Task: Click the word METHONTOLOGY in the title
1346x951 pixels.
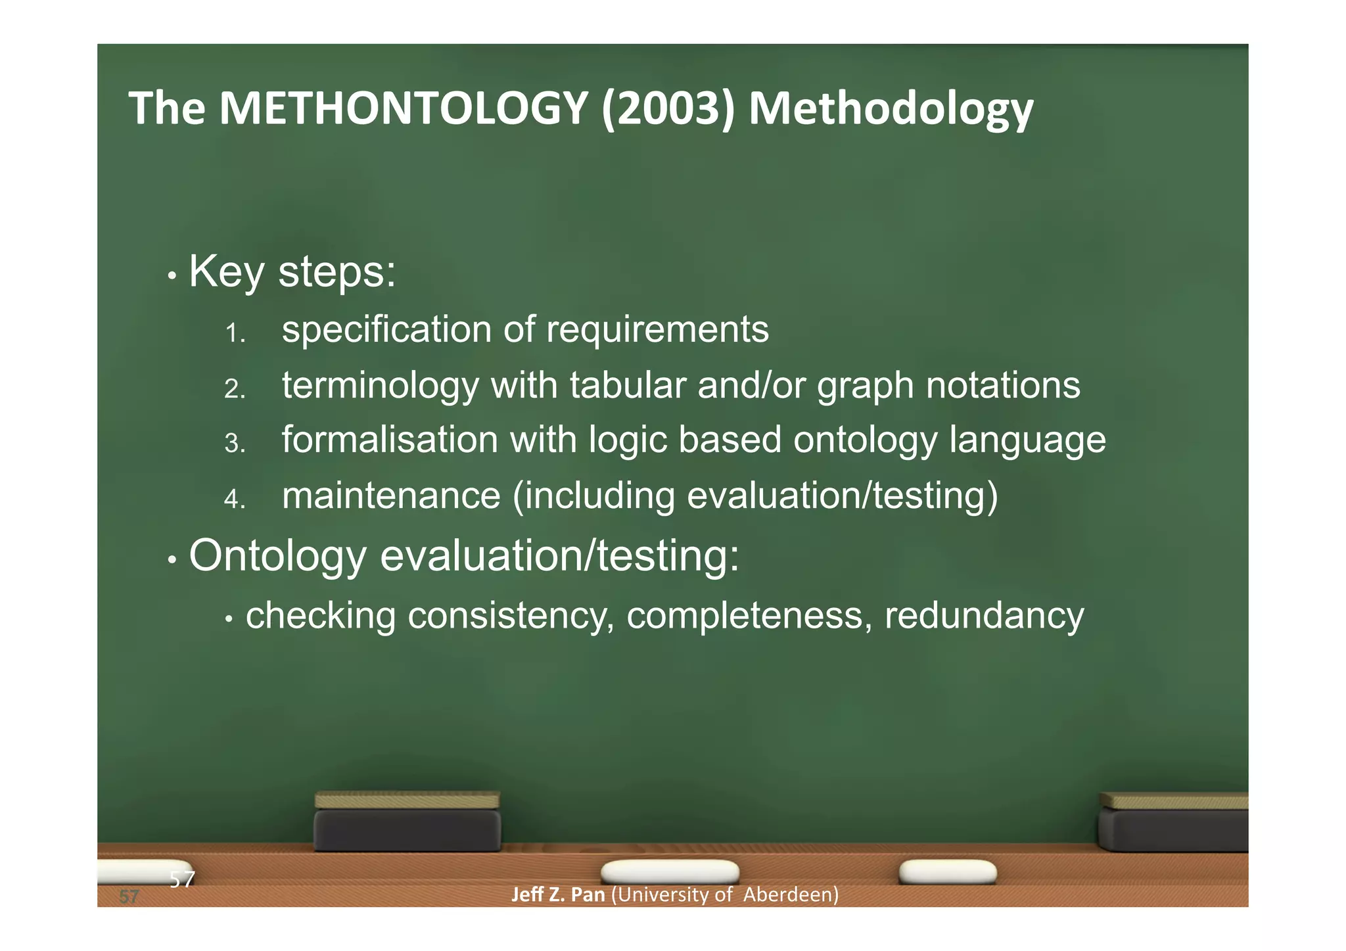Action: [403, 108]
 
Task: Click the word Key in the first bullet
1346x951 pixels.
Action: [227, 271]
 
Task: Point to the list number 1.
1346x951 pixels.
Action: [234, 333]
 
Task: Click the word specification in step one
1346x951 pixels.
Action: [386, 330]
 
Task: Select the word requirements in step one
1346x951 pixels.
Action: [657, 330]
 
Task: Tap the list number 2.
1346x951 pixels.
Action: [234, 389]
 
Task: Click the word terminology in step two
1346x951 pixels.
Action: [380, 386]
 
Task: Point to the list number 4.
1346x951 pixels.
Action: [234, 499]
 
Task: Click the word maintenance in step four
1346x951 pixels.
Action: [391, 496]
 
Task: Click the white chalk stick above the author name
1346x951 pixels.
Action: [670, 871]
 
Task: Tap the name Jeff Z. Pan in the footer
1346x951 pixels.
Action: [557, 894]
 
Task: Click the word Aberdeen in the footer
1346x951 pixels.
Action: [791, 894]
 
